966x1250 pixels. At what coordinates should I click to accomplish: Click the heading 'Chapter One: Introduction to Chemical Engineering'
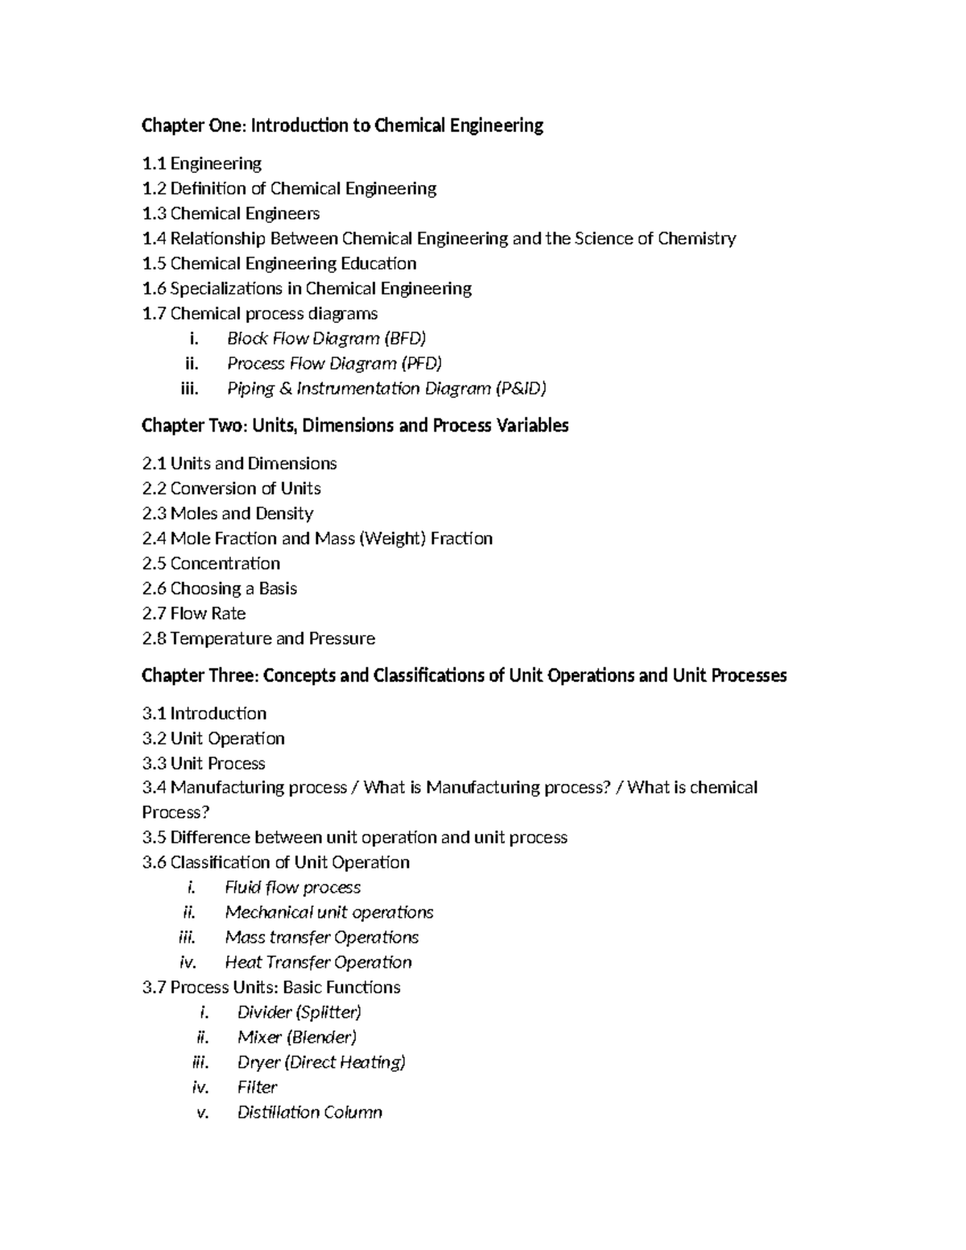coord(342,126)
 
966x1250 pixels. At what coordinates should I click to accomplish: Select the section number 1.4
coord(154,238)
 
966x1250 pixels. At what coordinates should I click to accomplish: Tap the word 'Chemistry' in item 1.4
coord(696,238)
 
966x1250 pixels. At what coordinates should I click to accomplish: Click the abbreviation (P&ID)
coord(521,389)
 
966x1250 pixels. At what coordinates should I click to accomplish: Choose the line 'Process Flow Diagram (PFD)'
coord(334,364)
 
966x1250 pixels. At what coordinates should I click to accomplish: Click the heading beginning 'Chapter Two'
coord(355,426)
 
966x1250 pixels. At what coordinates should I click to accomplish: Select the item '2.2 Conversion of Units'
coord(231,489)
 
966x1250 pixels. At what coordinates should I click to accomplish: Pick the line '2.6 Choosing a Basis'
coord(219,588)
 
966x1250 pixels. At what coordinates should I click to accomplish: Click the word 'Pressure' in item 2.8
coord(341,638)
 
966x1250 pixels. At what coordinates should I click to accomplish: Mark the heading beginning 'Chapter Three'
coord(464,676)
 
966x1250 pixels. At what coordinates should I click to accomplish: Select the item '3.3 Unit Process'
coord(204,763)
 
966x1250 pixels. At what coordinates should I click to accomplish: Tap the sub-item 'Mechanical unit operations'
coord(328,912)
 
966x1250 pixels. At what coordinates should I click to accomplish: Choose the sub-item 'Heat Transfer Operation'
coord(318,962)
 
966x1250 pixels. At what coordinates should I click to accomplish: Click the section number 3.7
coord(154,987)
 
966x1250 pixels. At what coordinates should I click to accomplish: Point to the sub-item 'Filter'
coord(257,1087)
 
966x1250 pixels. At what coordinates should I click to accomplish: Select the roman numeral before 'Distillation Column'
coord(203,1112)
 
